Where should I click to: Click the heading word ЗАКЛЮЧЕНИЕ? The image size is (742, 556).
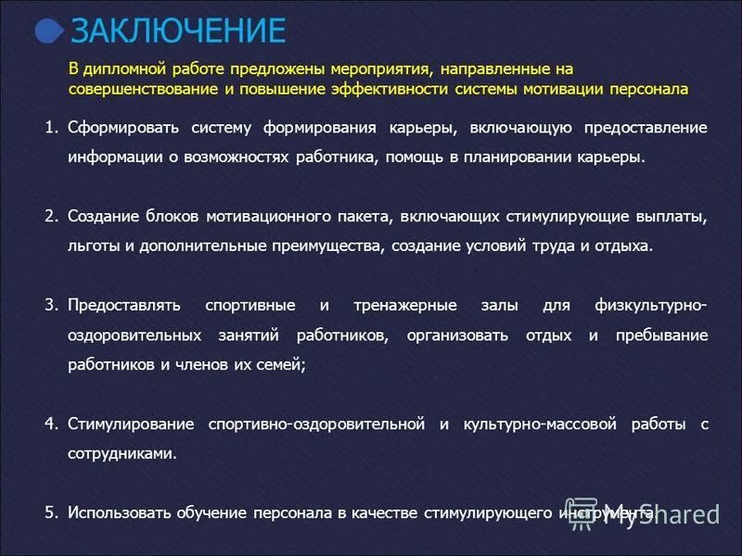tap(178, 32)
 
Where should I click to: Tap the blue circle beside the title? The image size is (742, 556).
tap(50, 32)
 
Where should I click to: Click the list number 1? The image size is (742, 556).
tap(50, 127)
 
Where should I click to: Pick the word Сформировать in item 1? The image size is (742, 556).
tap(121, 127)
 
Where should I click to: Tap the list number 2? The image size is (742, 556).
tap(50, 216)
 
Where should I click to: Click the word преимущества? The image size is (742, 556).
tap(334, 246)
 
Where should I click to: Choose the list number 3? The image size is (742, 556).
tap(50, 305)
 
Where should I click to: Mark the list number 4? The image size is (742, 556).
tap(50, 423)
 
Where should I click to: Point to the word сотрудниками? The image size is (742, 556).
tap(121, 453)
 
